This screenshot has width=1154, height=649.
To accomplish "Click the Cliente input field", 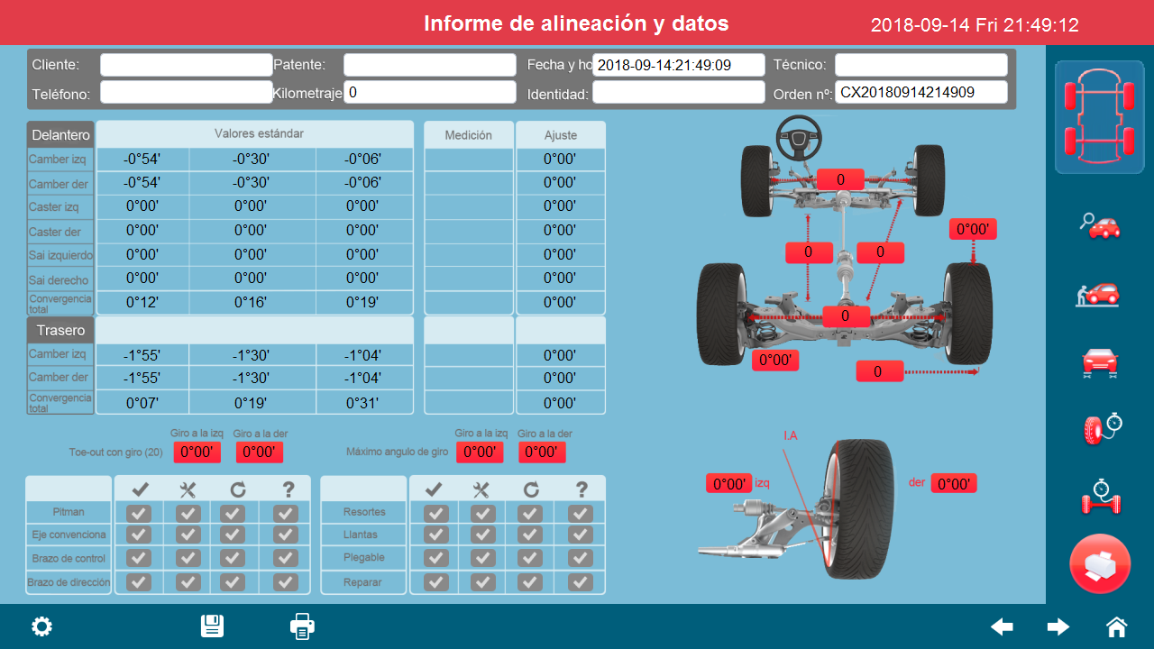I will coord(186,65).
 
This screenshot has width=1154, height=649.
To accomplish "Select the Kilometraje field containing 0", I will coord(429,92).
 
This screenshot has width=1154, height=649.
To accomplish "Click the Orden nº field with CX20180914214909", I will coord(920,92).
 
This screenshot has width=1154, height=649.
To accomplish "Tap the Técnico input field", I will coord(920,65).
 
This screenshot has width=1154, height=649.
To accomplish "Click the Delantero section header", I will coord(60,134).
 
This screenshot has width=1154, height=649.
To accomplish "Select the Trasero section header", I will coord(60,330).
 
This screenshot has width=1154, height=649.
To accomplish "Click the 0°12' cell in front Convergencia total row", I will coord(142,302).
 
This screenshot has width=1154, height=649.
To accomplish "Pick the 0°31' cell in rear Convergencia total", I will coord(363,403).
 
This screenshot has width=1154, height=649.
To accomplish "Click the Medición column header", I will coord(469,135).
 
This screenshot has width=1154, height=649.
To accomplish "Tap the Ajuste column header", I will coord(560,135).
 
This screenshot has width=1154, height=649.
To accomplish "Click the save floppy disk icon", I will coord(212,626).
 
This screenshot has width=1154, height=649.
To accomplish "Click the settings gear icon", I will coord(41,626).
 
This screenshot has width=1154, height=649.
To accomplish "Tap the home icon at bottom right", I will coord(1116,626).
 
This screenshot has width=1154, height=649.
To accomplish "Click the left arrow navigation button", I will coord(1002,626).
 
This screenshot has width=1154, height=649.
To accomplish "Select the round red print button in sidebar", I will coord(1099,564).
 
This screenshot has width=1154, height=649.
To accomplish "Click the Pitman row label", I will coord(69,511).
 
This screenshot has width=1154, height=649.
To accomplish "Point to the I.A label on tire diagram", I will coord(790,436).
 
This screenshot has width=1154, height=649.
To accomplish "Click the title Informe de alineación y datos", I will coord(576,23).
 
